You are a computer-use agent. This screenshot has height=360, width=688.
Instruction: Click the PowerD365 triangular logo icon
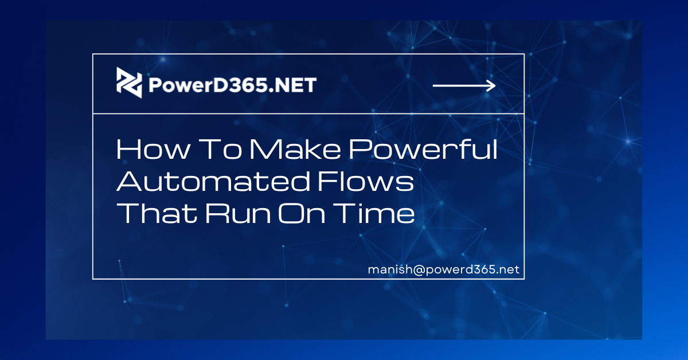[x=129, y=83]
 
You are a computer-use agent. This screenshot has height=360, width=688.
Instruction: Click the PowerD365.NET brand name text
[x=233, y=85]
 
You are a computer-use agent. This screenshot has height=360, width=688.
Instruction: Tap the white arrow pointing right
[x=464, y=85]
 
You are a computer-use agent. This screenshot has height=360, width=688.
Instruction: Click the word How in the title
[x=153, y=149]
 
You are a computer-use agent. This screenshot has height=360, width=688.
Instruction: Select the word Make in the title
[x=295, y=149]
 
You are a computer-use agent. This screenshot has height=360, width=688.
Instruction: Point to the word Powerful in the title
[x=423, y=149]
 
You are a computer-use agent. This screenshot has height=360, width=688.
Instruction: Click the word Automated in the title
[x=213, y=181]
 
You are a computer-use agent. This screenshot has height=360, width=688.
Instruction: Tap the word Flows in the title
[x=366, y=181]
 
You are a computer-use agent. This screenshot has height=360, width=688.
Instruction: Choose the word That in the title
[x=157, y=213]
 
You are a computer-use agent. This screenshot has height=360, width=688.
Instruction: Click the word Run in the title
[x=238, y=213]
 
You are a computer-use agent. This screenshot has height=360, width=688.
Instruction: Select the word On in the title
[x=302, y=213]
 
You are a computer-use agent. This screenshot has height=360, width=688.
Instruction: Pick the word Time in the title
[x=374, y=213]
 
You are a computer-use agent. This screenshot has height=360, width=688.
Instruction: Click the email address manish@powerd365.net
[x=444, y=269]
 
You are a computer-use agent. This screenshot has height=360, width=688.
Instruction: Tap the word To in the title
[x=220, y=149]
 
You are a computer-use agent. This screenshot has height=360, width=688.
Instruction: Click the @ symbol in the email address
[x=419, y=269]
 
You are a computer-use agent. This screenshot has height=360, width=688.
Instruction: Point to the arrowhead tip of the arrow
[x=495, y=85]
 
